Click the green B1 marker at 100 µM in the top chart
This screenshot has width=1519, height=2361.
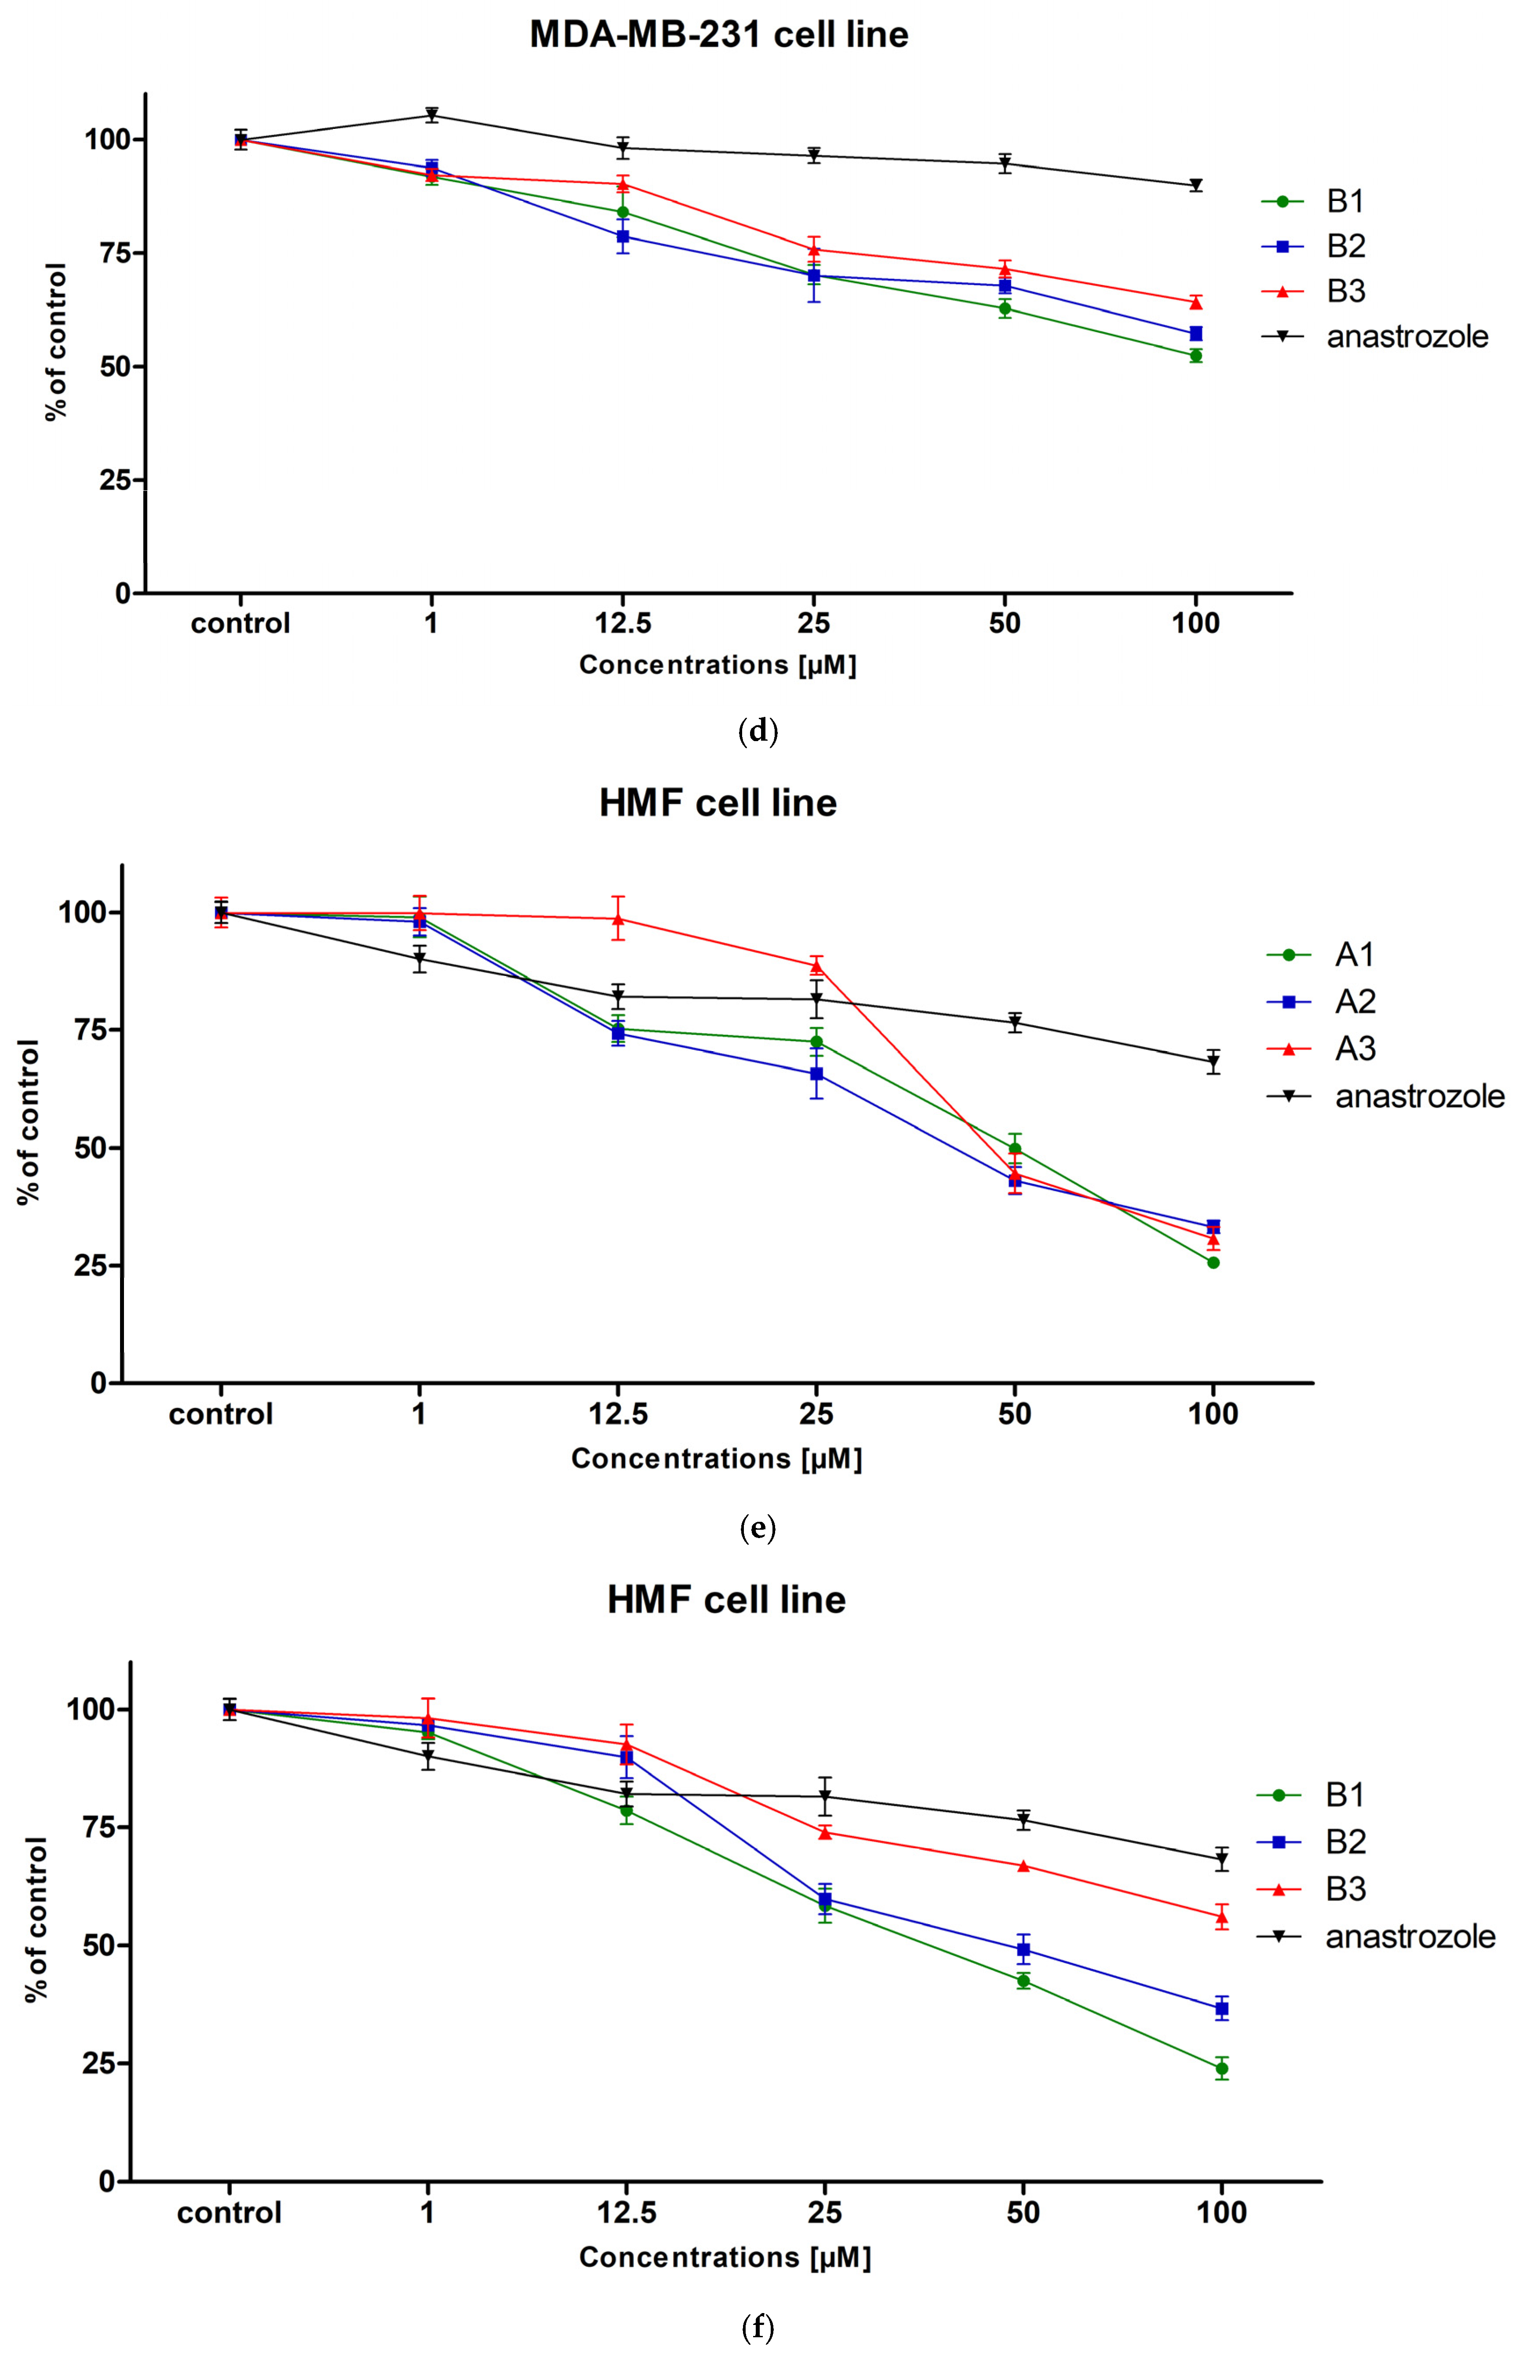click(x=1195, y=355)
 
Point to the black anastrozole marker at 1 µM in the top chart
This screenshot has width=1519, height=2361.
click(x=431, y=114)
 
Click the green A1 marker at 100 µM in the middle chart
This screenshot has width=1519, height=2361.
click(x=1213, y=1262)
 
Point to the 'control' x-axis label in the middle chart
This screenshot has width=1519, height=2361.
click(x=221, y=1414)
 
